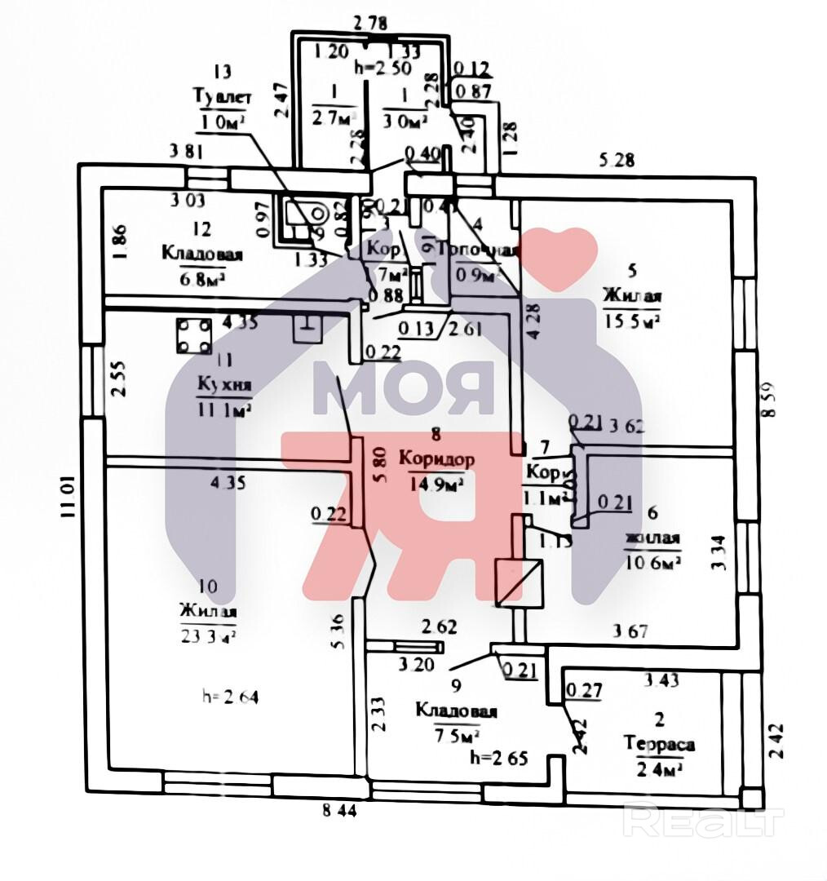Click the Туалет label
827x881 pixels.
[221, 97]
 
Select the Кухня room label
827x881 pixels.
[223, 384]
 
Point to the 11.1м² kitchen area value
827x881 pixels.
[223, 409]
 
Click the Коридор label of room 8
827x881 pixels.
[437, 459]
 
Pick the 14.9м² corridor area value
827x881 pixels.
[438, 483]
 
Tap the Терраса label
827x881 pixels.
[660, 744]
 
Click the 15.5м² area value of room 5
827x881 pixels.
[631, 321]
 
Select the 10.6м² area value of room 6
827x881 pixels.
[652, 562]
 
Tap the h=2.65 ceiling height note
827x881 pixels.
[500, 758]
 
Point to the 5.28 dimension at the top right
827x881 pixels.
[617, 162]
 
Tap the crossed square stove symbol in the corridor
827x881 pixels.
[519, 582]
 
